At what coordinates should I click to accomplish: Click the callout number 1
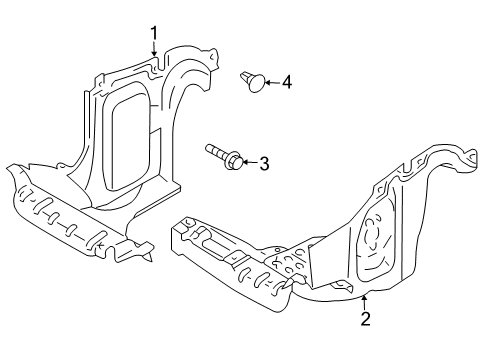pos(154,33)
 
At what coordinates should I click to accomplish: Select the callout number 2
pos(365,319)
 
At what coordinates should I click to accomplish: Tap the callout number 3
pos(264,163)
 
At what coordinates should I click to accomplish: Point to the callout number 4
pos(287,82)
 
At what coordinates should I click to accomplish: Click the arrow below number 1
pos(154,48)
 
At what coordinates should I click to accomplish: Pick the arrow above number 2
pos(365,302)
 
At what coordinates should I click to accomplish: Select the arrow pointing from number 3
pos(250,162)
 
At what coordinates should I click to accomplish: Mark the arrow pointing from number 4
pos(272,82)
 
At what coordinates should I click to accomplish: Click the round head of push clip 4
pos(257,83)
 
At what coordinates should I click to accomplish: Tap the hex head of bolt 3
pos(235,161)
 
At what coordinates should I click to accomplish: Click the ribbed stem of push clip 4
pos(246,77)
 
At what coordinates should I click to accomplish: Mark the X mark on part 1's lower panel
pos(99,246)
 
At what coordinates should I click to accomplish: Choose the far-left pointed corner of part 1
pos(8,168)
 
